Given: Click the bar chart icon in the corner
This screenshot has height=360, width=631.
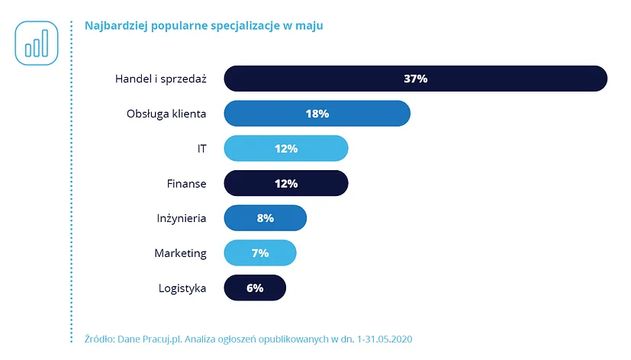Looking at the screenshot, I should pos(36,43).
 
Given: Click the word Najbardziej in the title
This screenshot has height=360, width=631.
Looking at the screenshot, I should pos(115,26).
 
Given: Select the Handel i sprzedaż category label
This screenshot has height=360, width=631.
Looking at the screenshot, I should pos(160,79).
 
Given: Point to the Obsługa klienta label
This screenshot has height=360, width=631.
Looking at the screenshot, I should pos(166,114).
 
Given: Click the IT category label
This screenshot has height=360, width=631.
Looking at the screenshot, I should pos(201,149).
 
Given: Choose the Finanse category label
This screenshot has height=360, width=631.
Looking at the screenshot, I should pos(186,183).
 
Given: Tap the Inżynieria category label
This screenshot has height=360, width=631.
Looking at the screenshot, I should pos(180,218).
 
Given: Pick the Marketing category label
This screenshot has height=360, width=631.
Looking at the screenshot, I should pos(180,252).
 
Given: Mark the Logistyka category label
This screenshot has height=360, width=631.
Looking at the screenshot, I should pos(182,288).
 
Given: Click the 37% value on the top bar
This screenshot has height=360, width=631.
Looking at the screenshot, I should pos(415,79).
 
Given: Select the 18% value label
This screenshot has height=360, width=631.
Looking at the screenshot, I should pos(317,114).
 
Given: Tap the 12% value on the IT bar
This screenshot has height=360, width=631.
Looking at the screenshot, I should pos(286,149).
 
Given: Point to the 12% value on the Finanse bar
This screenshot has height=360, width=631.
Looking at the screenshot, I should pos(286,183).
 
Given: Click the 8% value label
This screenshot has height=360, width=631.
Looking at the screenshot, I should pos(265,218).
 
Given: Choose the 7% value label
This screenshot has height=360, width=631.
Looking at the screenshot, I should pos(259,252).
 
